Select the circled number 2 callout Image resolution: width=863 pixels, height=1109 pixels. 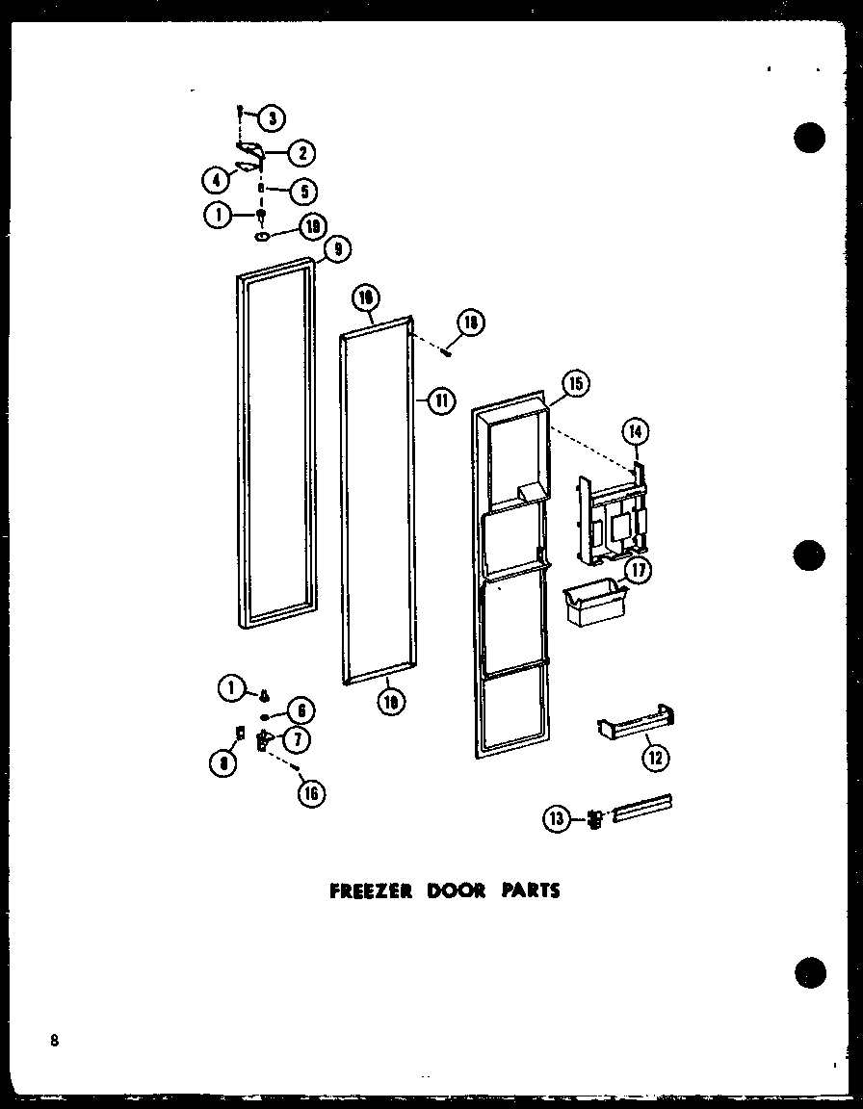point(303,152)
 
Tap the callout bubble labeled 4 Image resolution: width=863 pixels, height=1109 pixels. point(217,179)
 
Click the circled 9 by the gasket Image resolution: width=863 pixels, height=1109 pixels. point(337,249)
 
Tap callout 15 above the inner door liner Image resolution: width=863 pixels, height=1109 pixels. point(576,384)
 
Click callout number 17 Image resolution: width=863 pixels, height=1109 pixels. point(637,570)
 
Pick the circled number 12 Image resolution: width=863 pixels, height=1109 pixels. point(655,759)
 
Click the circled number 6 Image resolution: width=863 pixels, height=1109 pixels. point(300,710)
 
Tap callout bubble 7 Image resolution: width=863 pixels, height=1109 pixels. point(298,739)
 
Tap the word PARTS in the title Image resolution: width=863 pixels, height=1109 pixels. point(529,890)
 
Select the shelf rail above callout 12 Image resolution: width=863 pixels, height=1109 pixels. point(636,722)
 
